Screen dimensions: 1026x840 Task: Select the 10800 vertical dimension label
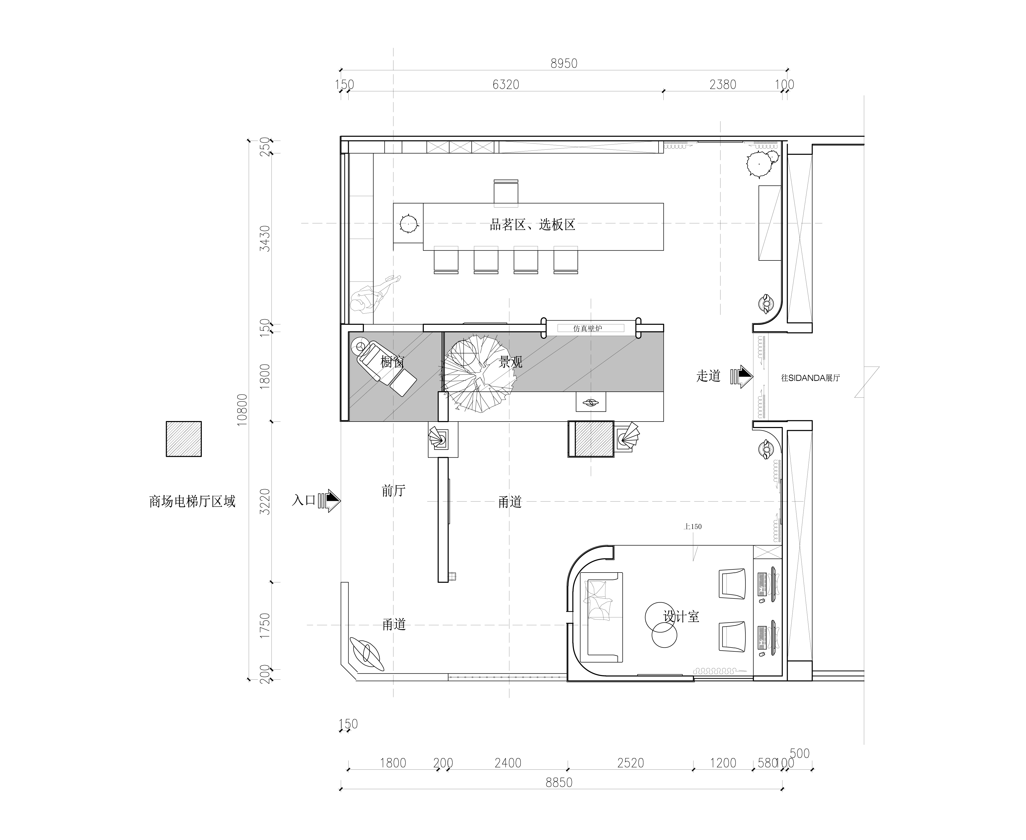pyautogui.click(x=242, y=410)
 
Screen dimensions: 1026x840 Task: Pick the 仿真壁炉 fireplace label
pyautogui.click(x=588, y=328)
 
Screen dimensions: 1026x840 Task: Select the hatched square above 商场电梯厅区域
pyautogui.click(x=184, y=439)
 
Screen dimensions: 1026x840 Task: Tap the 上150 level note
pyautogui.click(x=693, y=526)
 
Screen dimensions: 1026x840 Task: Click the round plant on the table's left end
pyautogui.click(x=409, y=224)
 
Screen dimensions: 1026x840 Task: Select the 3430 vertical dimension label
pyautogui.click(x=265, y=238)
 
